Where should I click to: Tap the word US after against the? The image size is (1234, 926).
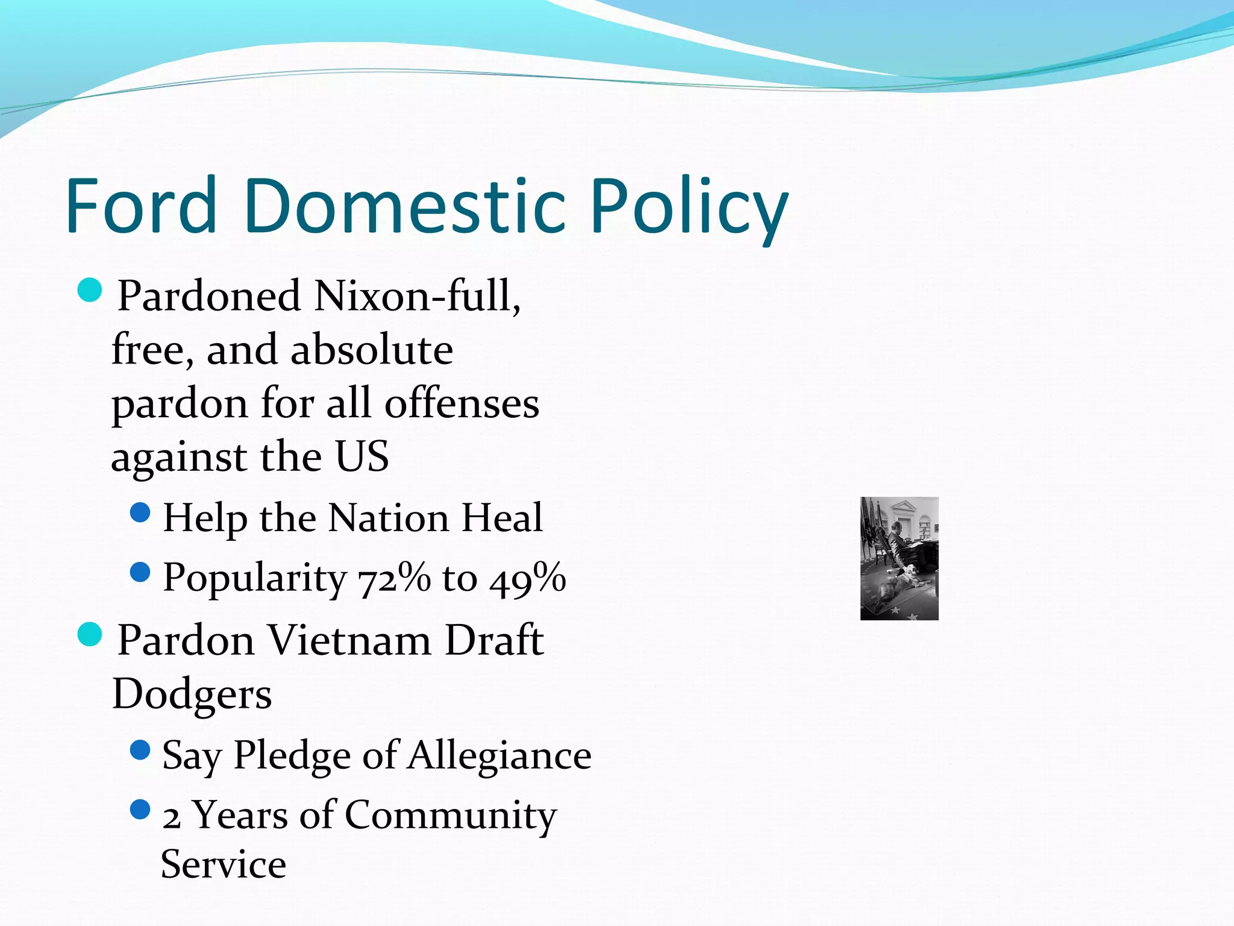tap(362, 456)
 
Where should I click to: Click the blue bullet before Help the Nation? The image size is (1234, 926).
tap(140, 513)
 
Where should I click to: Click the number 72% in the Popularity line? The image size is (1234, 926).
tap(395, 578)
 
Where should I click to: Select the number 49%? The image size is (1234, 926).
tap(528, 578)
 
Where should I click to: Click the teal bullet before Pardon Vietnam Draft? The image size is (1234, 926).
tap(90, 635)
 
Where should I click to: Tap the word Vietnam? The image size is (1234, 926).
tap(349, 640)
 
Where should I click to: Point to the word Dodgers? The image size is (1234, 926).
tap(192, 694)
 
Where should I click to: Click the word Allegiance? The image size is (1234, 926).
tap(500, 755)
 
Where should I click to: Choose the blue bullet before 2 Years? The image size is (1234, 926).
tap(140, 810)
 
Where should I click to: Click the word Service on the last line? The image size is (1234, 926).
tap(224, 865)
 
